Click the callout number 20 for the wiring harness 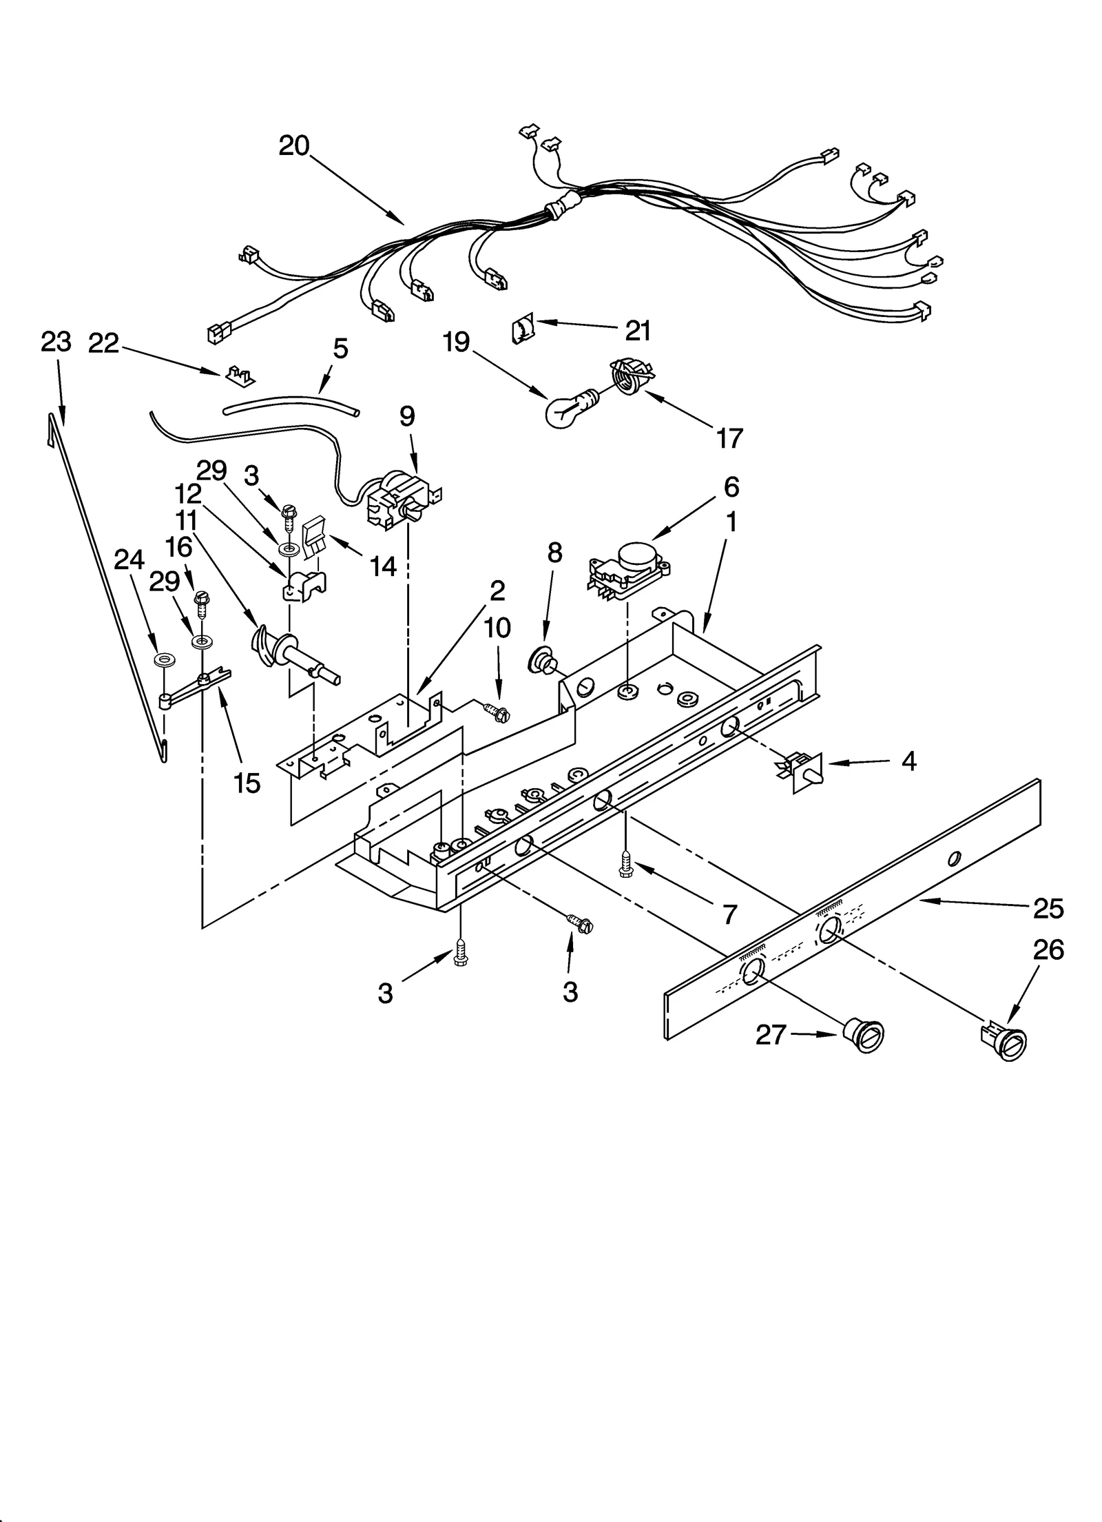click(x=294, y=146)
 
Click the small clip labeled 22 click(x=240, y=375)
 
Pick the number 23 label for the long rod click(x=56, y=342)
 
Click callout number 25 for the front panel click(x=1048, y=909)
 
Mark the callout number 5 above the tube click(x=340, y=349)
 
